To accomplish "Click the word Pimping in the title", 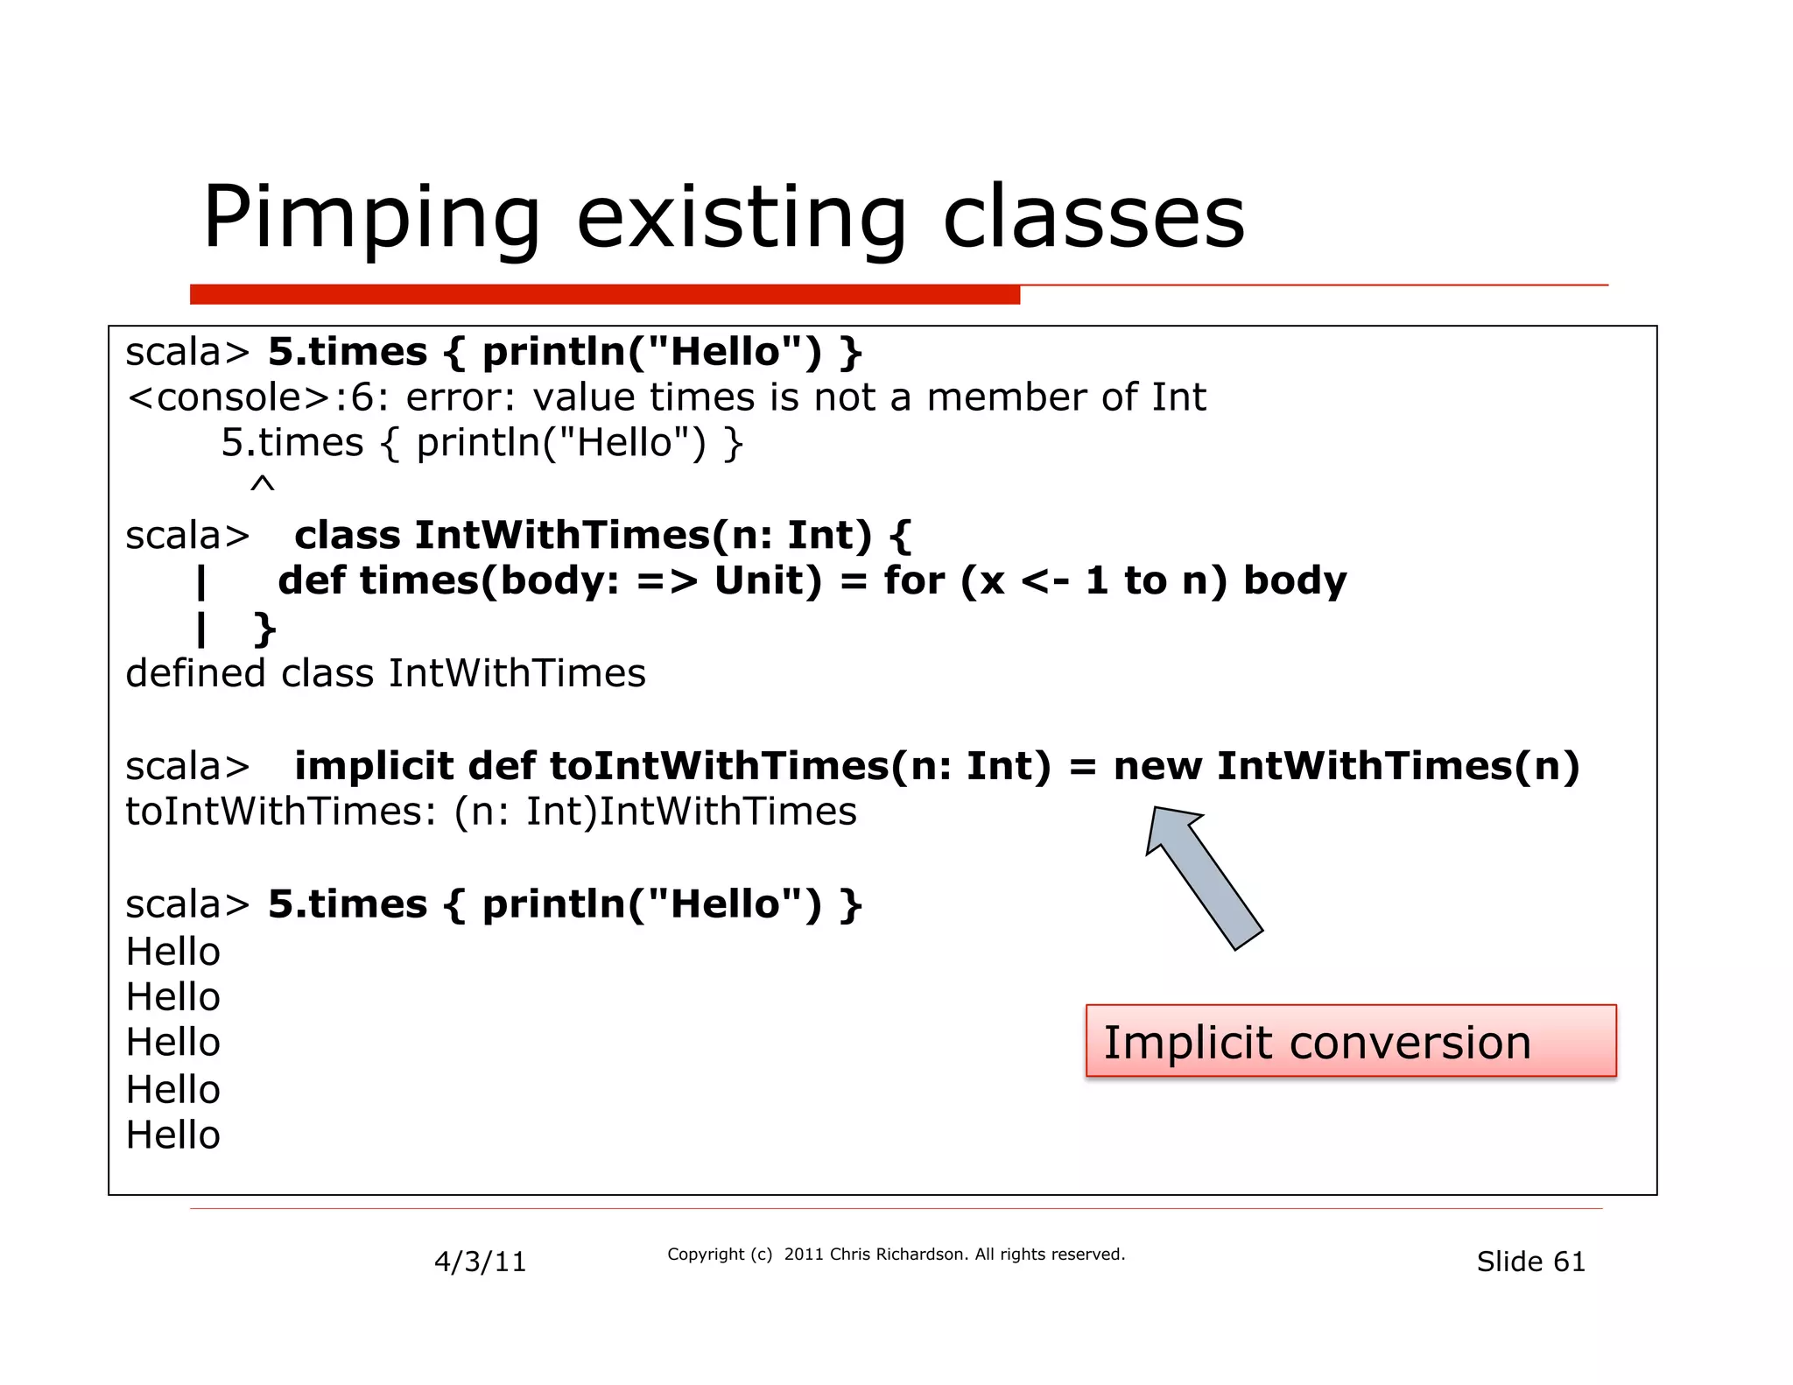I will click(x=372, y=219).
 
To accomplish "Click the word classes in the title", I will click(x=1093, y=219).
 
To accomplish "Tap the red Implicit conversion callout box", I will click(x=1350, y=1041).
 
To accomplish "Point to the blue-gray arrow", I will click(x=1204, y=878).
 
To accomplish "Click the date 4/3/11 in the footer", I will click(x=480, y=1262).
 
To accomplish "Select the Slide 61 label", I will click(x=1530, y=1262).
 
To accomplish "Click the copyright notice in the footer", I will click(x=896, y=1255).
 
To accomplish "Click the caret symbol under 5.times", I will click(x=262, y=485).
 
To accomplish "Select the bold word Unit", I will click(x=768, y=581).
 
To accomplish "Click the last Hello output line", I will click(x=173, y=1135).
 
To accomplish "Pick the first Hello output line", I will click(x=173, y=952).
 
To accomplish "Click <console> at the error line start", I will click(x=229, y=397).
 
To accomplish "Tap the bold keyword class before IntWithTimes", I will click(x=348, y=535).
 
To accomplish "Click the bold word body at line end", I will click(x=1295, y=581).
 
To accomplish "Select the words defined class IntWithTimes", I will click(x=385, y=673).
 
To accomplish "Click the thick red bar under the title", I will click(x=604, y=294).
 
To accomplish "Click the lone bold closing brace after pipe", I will click(x=264, y=629).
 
